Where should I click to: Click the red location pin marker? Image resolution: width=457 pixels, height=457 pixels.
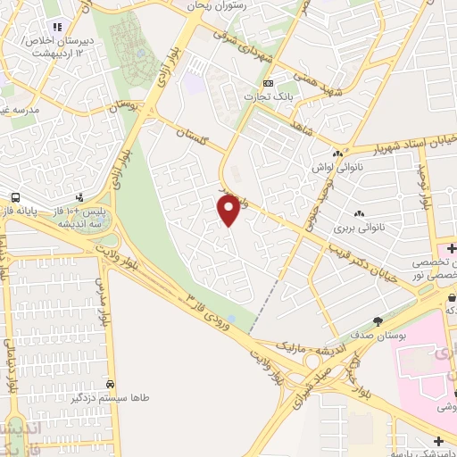point(229,210)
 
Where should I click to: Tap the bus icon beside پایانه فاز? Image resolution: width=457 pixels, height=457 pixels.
point(15,197)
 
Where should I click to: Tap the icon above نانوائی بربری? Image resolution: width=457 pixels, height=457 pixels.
point(359,214)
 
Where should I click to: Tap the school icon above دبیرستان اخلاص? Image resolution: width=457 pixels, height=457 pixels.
point(60,27)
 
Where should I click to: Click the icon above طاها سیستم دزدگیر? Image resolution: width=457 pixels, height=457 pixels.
point(110,380)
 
